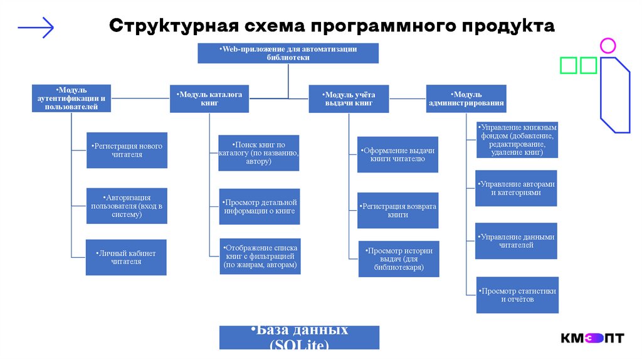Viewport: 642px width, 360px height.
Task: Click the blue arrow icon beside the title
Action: coord(36,27)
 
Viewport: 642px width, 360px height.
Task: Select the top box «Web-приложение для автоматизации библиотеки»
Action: coord(288,53)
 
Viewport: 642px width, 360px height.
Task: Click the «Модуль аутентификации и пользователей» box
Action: coord(71,98)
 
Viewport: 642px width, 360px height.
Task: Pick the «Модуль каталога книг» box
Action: coord(210,98)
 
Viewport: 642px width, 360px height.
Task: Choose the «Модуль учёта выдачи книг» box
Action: coord(349,98)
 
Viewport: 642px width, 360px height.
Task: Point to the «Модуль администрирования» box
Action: coord(466,98)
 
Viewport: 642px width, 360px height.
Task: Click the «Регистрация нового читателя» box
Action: coord(127,151)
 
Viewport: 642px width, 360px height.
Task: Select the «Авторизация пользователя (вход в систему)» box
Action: coord(127,205)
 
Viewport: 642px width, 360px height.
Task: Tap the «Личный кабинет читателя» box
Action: coord(127,257)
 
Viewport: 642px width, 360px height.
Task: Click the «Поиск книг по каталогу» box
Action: coord(259,153)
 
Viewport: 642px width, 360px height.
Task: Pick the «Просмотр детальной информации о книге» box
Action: coord(260,206)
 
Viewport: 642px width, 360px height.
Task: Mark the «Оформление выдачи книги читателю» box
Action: coord(397,154)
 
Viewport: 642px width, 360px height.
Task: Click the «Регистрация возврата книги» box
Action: coord(397,210)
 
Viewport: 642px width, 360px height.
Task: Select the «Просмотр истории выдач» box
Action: coord(399,258)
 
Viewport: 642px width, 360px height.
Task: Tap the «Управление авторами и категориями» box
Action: coord(517,188)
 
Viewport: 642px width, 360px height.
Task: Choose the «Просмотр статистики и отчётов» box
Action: coord(517,295)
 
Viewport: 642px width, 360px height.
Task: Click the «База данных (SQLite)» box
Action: coord(299,337)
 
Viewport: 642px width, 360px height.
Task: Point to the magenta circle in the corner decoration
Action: coord(608,45)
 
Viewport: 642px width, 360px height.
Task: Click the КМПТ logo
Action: coord(592,338)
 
